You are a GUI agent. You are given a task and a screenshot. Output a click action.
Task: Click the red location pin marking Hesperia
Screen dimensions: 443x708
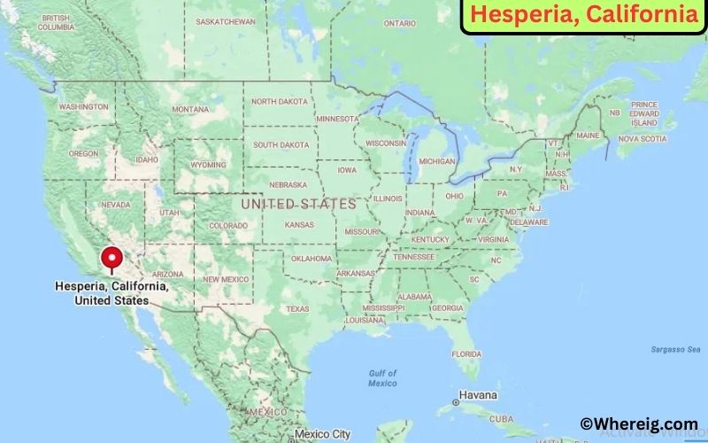[112, 257]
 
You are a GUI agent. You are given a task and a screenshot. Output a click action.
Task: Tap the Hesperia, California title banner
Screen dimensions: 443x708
[583, 16]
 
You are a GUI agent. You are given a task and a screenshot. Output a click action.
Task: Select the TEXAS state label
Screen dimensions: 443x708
[297, 309]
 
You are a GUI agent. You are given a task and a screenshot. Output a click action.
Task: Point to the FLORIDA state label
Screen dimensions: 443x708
[466, 354]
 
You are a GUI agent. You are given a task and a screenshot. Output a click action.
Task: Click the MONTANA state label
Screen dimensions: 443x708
[190, 109]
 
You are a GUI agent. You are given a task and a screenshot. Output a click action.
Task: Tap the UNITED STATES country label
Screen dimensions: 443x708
[298, 204]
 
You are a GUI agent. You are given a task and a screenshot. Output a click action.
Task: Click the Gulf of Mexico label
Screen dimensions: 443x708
[382, 378]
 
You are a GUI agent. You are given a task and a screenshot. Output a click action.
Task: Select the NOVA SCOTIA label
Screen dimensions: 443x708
[642, 139]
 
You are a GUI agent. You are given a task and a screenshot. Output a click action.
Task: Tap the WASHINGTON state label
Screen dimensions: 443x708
[83, 106]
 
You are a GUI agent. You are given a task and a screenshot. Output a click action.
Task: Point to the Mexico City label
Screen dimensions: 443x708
[323, 434]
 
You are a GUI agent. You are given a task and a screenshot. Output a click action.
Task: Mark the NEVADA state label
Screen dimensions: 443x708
[115, 205]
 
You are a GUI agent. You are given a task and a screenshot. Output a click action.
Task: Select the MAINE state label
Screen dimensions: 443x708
[588, 136]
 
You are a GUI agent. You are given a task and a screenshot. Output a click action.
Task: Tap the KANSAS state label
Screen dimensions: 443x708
[299, 225]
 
